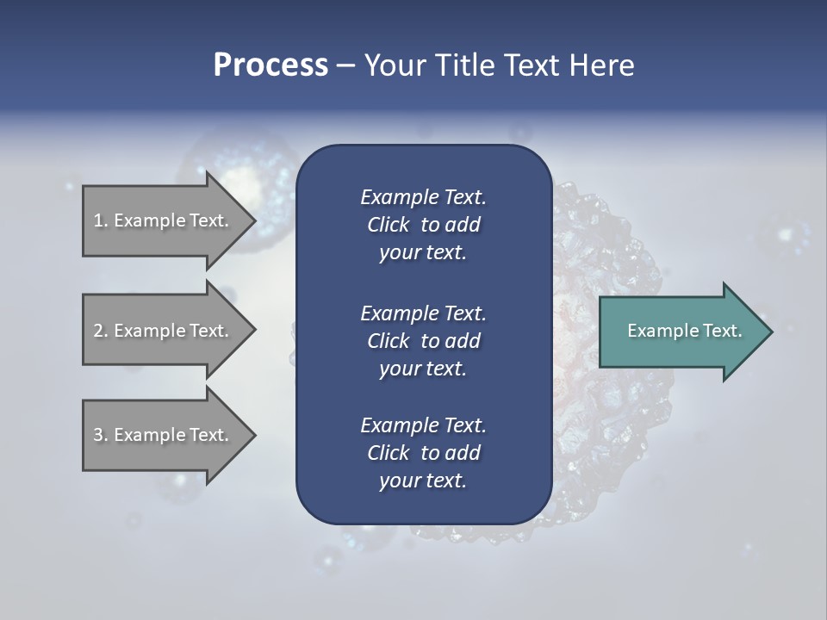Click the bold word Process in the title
coord(270,65)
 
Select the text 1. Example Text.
coord(160,220)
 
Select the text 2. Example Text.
coord(160,331)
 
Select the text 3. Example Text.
coord(160,435)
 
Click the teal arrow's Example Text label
coord(684,331)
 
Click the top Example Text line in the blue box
coord(423,197)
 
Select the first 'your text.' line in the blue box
coord(423,253)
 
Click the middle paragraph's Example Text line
coord(423,313)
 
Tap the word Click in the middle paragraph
coord(388,341)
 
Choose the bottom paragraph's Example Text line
coord(423,425)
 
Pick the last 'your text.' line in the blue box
coord(423,481)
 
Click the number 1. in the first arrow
coord(101,220)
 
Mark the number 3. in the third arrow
coord(101,435)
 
